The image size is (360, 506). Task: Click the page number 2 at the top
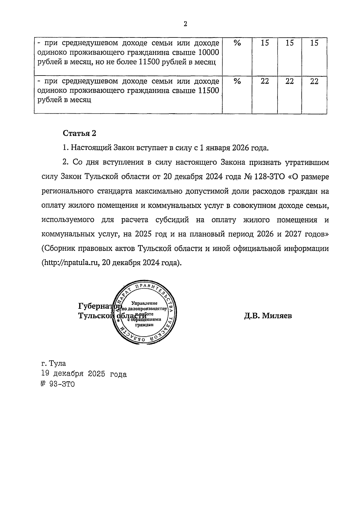tap(185, 24)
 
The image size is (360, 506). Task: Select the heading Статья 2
tap(79, 133)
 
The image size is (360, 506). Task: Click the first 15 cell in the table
tap(265, 43)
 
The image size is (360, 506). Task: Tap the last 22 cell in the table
tap(314, 81)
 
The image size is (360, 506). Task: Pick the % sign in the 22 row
tap(237, 81)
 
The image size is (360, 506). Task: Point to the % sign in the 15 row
tap(237, 43)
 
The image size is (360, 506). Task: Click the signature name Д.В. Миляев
tap(268, 316)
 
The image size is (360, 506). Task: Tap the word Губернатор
tap(99, 307)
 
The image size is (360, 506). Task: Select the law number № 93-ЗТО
tap(58, 384)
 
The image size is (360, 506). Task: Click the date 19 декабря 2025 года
tap(84, 374)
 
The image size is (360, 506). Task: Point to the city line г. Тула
tap(54, 363)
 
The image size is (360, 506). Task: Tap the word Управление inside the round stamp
tap(145, 303)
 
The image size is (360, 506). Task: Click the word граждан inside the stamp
tap(144, 324)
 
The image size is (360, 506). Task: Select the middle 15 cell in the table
tap(289, 43)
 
